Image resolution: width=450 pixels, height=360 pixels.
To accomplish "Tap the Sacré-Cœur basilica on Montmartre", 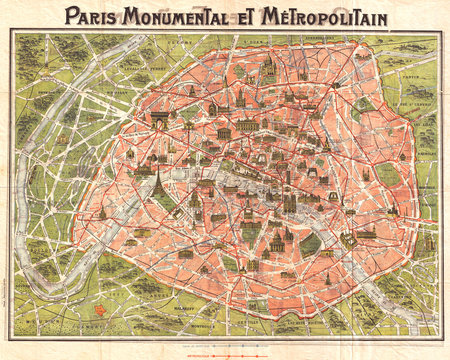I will tap(268, 68).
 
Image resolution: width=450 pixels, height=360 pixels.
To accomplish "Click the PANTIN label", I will tap(414, 75).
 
